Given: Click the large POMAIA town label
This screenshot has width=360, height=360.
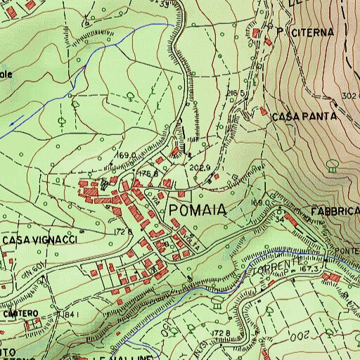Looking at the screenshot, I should (196, 210).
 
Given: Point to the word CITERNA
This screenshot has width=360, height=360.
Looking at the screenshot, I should (307, 32).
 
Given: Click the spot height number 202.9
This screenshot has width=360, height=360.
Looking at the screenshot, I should (201, 167).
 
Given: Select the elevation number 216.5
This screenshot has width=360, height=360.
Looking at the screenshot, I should (236, 93).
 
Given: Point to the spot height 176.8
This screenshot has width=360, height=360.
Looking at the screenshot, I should (147, 172).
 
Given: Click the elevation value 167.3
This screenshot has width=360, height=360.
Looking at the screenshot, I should (309, 269).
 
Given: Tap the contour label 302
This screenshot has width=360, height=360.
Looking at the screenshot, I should (352, 96).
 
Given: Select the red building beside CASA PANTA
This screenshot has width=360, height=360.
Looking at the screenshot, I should (264, 111).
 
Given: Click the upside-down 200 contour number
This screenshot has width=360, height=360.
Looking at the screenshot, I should (298, 336).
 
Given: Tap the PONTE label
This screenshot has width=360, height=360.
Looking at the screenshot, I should (347, 251).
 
